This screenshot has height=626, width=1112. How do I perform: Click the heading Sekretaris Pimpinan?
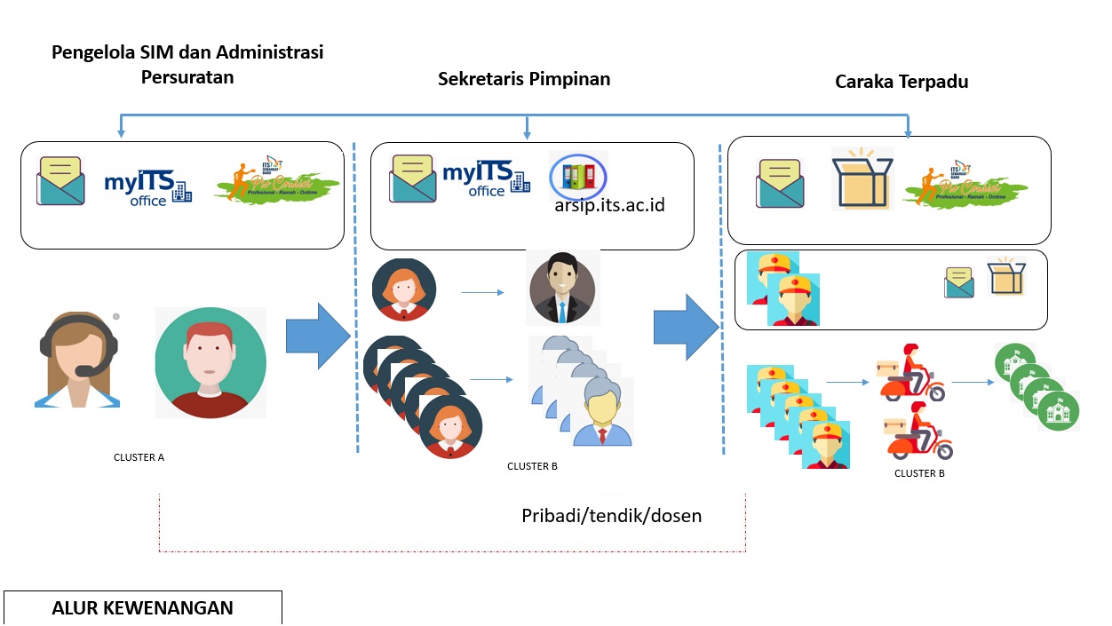(x=524, y=78)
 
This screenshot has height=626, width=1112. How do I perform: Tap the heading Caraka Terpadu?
(x=901, y=82)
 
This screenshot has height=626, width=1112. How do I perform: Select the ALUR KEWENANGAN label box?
(x=142, y=608)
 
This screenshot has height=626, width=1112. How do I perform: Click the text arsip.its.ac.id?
(x=608, y=206)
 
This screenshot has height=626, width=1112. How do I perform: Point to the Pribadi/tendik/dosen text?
(x=611, y=515)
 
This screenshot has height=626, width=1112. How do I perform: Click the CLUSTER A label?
(x=139, y=457)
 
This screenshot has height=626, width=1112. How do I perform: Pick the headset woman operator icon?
(x=78, y=360)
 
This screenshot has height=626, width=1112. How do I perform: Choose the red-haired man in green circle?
(x=210, y=362)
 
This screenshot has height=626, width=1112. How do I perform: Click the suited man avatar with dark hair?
(x=561, y=289)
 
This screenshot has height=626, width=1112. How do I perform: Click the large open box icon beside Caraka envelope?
(x=861, y=178)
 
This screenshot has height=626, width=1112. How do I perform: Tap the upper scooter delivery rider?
(x=910, y=373)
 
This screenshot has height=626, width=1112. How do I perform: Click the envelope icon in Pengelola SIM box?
(x=61, y=180)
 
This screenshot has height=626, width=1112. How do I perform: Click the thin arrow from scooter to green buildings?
(x=972, y=383)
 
